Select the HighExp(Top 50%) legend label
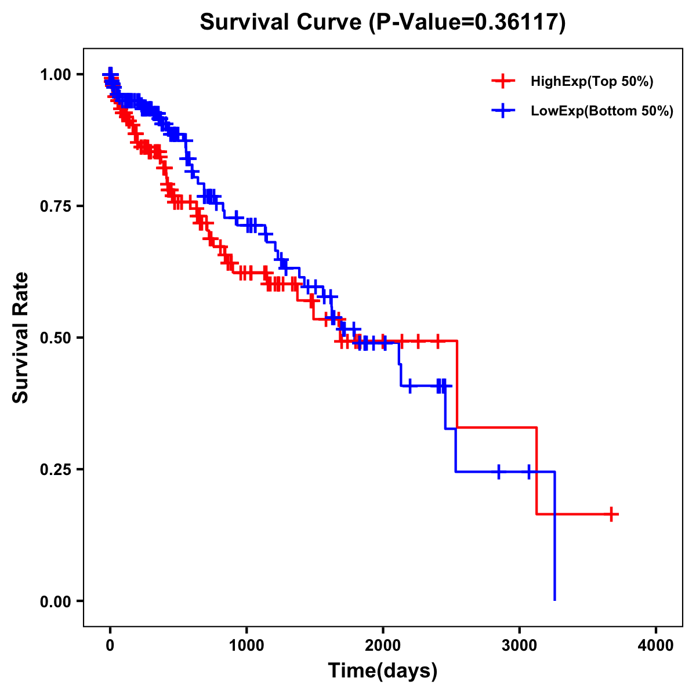(592, 82)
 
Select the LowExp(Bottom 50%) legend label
(602, 111)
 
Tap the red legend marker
(503, 81)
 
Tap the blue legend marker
(503, 111)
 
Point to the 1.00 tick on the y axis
(54, 75)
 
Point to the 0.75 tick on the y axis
(54, 206)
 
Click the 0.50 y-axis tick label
(54, 338)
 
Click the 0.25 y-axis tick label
(54, 470)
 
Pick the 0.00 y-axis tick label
(54, 601)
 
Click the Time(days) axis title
(383, 671)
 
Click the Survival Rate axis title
(21, 338)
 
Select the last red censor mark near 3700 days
(611, 514)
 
